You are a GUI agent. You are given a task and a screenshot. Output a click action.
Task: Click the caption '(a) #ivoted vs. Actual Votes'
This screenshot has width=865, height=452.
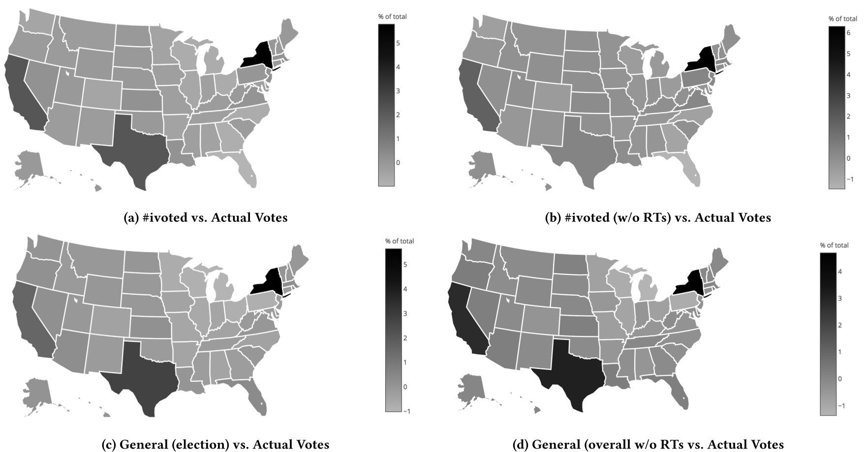point(205,217)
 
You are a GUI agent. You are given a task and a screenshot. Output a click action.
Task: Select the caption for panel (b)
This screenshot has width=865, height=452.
point(658,217)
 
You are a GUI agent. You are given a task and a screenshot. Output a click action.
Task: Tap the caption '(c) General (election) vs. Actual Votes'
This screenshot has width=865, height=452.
point(215,445)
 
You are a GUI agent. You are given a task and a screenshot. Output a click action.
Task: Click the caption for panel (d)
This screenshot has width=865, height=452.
point(648,445)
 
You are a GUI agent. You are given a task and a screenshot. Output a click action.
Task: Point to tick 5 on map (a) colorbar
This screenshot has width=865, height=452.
point(398,43)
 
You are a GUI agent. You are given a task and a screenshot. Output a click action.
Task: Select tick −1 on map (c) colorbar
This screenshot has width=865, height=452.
point(405,411)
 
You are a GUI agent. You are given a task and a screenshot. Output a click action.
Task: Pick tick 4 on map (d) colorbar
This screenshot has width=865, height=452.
point(840,271)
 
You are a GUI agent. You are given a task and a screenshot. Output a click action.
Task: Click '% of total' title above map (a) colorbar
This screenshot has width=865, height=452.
point(392,17)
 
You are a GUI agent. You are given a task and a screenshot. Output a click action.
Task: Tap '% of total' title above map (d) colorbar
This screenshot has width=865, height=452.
point(834,245)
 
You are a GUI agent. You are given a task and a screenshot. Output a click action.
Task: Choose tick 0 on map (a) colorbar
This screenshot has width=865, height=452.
point(398,163)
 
